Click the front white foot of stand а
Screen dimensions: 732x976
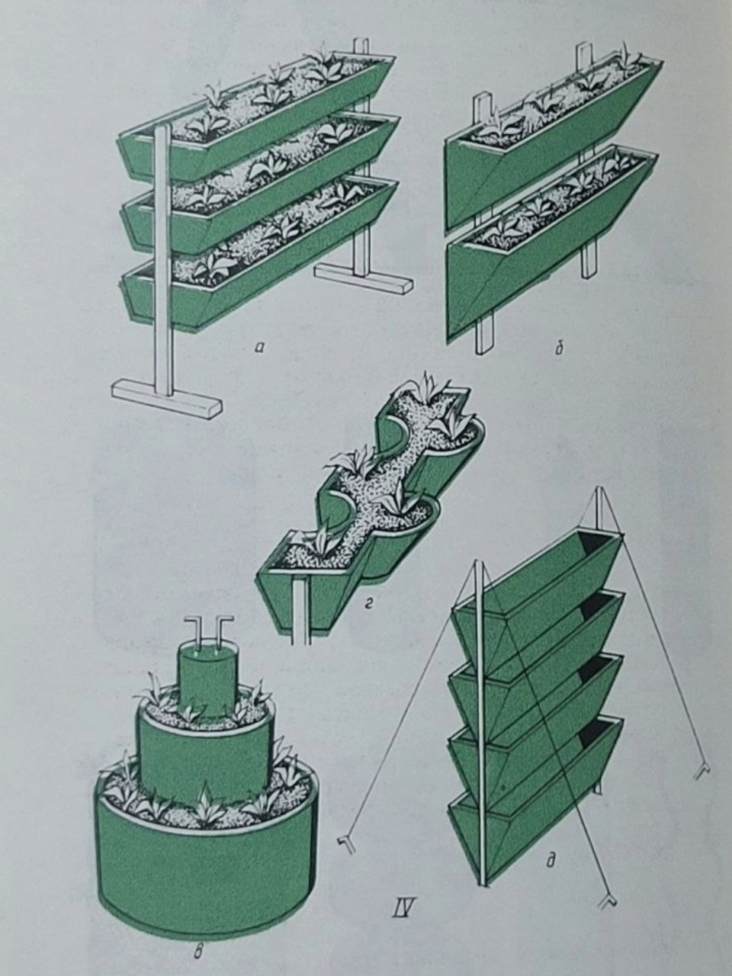tap(167, 400)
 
